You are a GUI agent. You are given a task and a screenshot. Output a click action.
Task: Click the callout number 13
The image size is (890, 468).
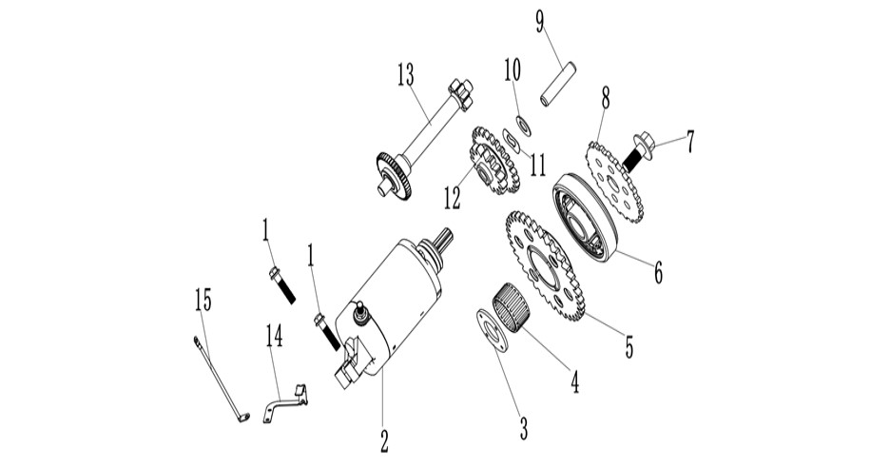tap(406, 75)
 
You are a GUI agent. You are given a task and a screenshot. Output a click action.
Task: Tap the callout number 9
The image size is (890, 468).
tap(539, 22)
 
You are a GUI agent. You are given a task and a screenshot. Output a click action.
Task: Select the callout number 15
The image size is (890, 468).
tap(203, 300)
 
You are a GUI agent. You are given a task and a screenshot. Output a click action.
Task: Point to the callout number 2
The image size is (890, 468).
tap(384, 440)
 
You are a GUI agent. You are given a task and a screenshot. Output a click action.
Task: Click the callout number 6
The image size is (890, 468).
tap(658, 272)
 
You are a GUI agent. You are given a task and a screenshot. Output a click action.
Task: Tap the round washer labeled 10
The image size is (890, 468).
tap(523, 126)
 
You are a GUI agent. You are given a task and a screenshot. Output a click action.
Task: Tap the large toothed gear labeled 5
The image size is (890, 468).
tap(546, 265)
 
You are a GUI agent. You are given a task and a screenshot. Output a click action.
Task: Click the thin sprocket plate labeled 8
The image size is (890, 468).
tap(614, 181)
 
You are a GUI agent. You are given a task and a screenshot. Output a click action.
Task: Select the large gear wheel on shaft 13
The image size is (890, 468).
tap(394, 174)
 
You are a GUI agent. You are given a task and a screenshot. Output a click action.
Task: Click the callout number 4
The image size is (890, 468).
tap(574, 381)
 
